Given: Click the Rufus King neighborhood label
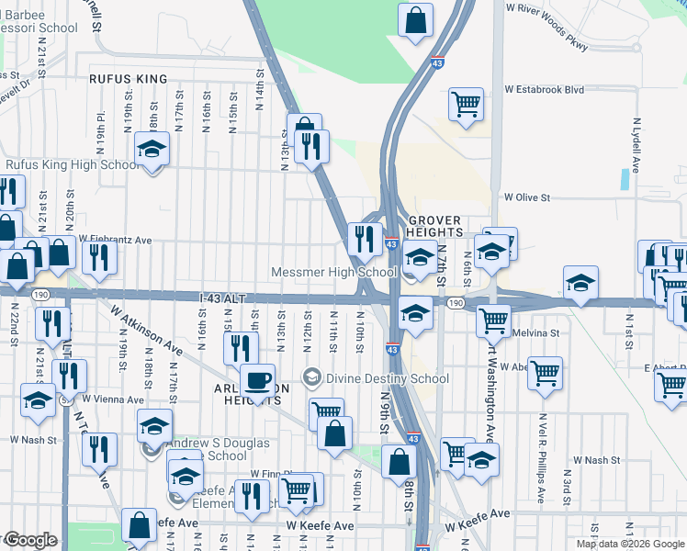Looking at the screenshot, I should (128, 79).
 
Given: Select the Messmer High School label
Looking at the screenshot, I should (334, 273).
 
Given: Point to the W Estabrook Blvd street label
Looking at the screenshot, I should (544, 90).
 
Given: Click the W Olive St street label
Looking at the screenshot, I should (525, 197).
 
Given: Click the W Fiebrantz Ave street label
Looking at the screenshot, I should (115, 240).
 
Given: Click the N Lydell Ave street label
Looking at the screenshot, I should (636, 145).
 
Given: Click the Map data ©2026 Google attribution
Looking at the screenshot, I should (629, 544).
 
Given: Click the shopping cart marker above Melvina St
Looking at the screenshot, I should (494, 320).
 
